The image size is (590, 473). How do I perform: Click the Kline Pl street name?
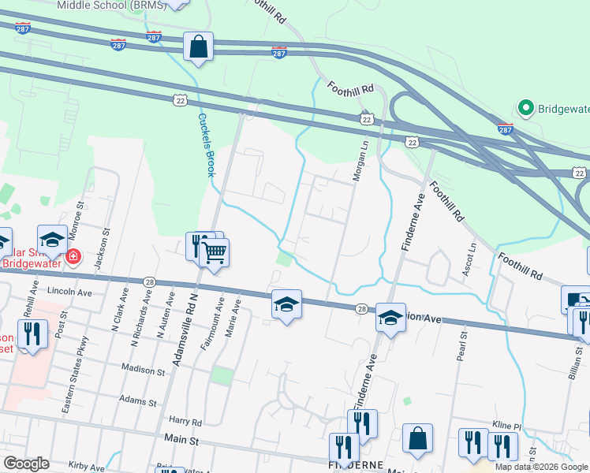(506, 426)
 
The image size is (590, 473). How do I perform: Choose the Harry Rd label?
(186, 422)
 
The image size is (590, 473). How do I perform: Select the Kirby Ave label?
(87, 467)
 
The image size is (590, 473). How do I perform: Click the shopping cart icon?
(215, 252)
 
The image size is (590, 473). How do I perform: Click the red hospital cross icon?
(73, 256)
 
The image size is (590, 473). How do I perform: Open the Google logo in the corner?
(26, 464)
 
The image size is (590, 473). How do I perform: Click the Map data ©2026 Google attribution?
(540, 467)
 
